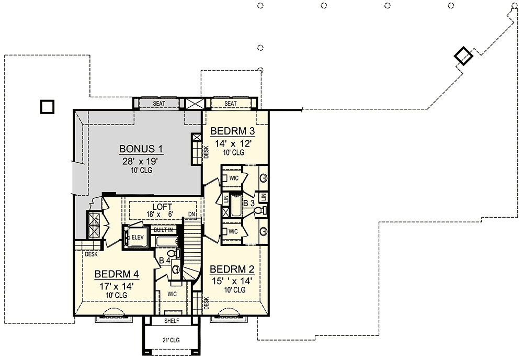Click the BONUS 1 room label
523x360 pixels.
(x=141, y=149)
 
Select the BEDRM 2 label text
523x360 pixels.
(x=232, y=269)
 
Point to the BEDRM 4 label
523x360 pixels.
(x=116, y=274)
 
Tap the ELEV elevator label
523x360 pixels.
(x=137, y=237)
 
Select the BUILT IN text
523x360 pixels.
(x=163, y=230)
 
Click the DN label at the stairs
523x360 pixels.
(x=192, y=213)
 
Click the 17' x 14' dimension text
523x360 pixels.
(x=116, y=286)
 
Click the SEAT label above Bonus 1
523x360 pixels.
(x=159, y=104)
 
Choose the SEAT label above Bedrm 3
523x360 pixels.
(x=230, y=104)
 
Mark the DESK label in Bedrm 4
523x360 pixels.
(x=90, y=255)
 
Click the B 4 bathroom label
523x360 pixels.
(x=165, y=260)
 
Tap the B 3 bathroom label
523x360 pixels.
(x=248, y=202)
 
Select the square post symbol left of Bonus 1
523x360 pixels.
(x=47, y=107)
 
